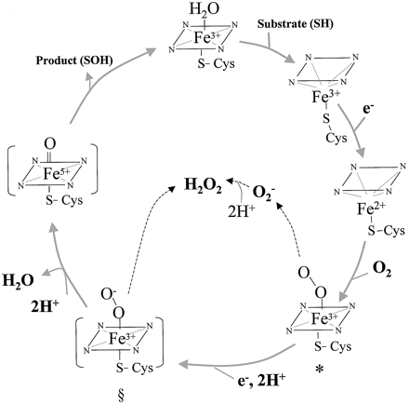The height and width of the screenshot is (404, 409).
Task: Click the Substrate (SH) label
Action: pyautogui.click(x=296, y=24)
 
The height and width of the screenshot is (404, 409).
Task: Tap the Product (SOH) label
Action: pyautogui.click(x=74, y=61)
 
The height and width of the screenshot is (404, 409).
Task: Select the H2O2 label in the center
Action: pyautogui.click(x=203, y=186)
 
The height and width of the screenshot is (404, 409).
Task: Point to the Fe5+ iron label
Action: pyautogui.click(x=58, y=174)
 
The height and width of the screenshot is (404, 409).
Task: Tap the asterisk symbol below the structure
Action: pyautogui.click(x=320, y=370)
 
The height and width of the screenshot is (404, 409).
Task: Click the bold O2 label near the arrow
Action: pyautogui.click(x=382, y=270)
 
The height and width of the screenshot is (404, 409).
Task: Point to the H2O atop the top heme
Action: pyautogui.click(x=204, y=9)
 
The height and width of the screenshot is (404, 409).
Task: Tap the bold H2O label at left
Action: pyautogui.click(x=19, y=280)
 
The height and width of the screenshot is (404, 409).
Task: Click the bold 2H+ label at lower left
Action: pyautogui.click(x=46, y=306)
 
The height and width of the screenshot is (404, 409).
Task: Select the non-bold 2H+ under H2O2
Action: pyautogui.click(x=242, y=213)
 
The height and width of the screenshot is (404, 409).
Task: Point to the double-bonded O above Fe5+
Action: pyautogui.click(x=50, y=144)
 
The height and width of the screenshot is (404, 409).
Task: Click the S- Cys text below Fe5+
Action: pyautogui.click(x=64, y=200)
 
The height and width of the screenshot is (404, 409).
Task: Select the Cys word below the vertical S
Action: pyautogui.click(x=336, y=138)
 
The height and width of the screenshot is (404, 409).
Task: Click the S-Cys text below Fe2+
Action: pyautogui.click(x=387, y=231)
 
